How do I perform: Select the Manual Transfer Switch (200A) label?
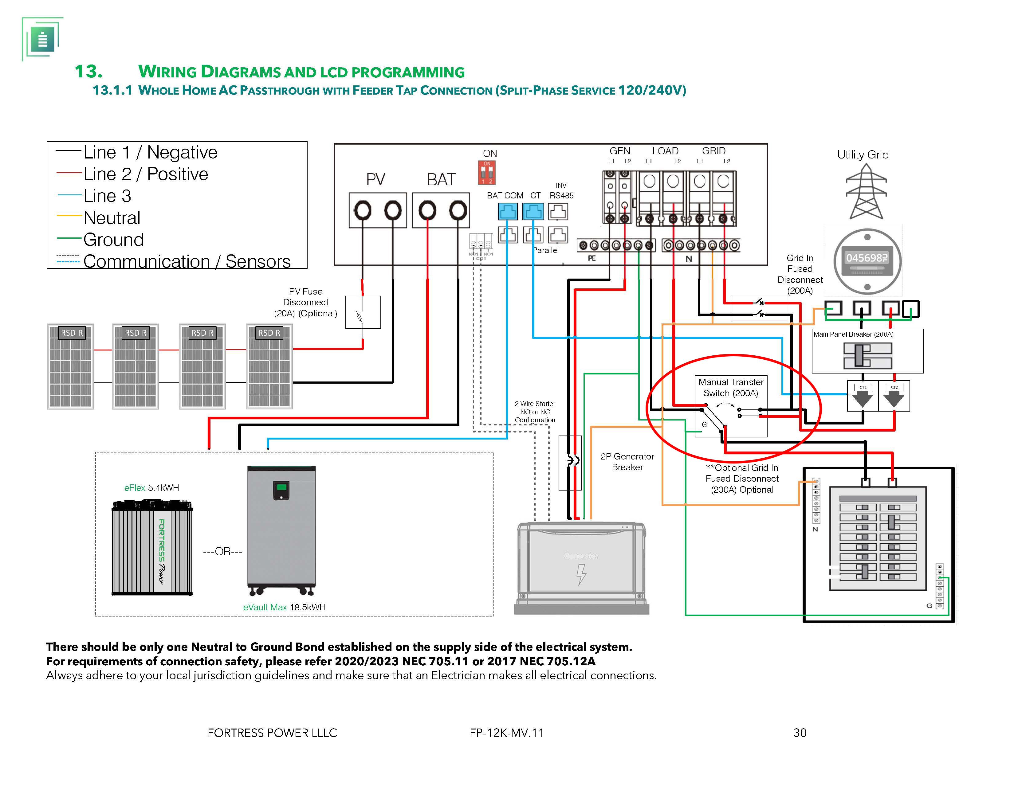click(730, 387)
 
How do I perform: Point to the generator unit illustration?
click(581, 567)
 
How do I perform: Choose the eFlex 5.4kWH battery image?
click(152, 548)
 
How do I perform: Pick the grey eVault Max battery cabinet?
click(281, 529)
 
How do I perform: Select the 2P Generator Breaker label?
click(627, 462)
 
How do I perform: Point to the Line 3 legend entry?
click(107, 196)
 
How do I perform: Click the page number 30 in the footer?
click(800, 733)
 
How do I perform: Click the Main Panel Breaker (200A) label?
click(853, 334)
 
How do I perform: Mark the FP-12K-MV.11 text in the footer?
click(506, 733)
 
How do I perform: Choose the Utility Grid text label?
click(863, 154)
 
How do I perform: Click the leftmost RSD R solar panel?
click(71, 366)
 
